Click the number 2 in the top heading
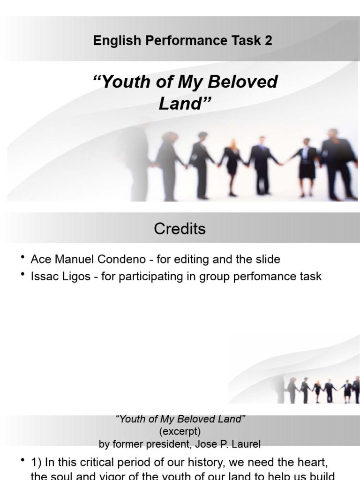click(268, 41)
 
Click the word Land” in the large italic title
click(183, 104)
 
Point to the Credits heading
click(180, 229)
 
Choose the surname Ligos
click(79, 276)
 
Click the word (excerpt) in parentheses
click(180, 431)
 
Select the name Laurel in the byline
click(247, 443)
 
